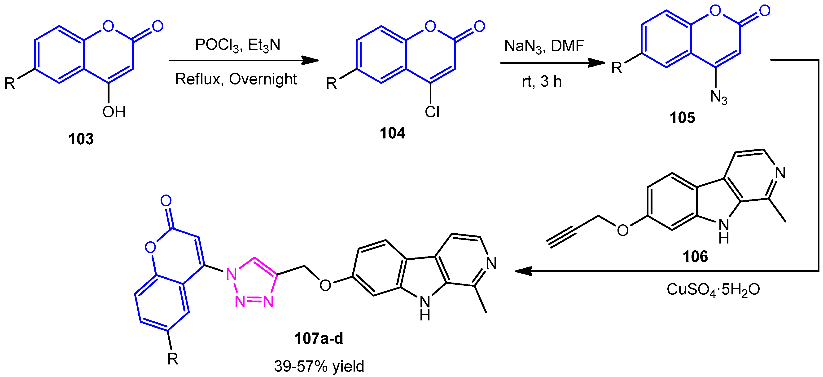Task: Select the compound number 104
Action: click(x=392, y=133)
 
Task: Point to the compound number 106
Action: click(x=695, y=257)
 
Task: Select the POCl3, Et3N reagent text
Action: click(x=238, y=45)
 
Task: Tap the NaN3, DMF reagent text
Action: click(x=544, y=46)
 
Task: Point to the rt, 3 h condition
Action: click(x=542, y=82)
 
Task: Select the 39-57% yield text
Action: click(x=319, y=366)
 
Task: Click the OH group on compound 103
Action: click(x=114, y=112)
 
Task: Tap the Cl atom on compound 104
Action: click(x=432, y=112)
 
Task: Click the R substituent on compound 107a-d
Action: click(x=173, y=359)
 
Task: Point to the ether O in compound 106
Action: click(x=623, y=230)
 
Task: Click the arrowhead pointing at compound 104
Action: click(x=310, y=60)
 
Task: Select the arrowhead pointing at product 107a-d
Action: click(x=524, y=271)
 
